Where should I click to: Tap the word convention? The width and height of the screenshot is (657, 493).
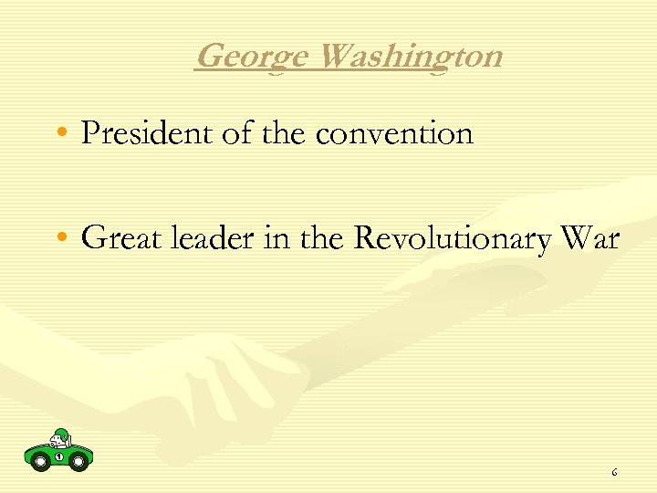pos(394,135)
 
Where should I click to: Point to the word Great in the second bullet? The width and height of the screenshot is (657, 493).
pos(112,239)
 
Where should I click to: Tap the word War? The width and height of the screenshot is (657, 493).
pos(590,239)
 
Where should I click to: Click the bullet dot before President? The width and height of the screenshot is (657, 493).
pos(60,135)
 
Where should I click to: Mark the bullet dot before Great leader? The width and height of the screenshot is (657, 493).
pos(60,240)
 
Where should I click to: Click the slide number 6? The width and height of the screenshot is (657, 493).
pos(614,473)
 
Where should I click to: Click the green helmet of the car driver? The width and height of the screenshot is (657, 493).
pos(61,434)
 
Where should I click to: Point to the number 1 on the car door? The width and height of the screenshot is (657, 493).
pos(58,456)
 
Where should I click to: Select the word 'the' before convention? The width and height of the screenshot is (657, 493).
pos(286,134)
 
